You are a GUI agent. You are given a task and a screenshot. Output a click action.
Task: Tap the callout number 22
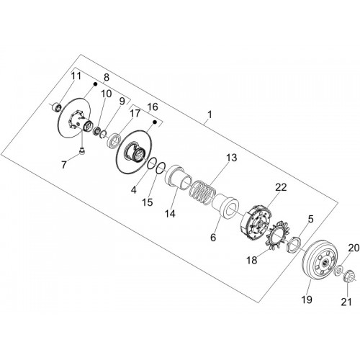pos(281,187)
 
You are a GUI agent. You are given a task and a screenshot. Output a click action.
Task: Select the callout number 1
pos(210,114)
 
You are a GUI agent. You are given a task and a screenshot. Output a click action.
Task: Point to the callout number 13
pos(231,158)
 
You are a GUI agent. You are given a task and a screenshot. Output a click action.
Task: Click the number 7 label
pos(63,165)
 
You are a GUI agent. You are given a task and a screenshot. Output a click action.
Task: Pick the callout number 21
pos(346,302)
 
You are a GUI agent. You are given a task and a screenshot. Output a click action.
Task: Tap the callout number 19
pos(307,300)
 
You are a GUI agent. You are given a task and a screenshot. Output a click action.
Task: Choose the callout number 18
pos(252,260)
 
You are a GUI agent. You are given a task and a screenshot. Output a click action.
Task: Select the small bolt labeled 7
pos(82,152)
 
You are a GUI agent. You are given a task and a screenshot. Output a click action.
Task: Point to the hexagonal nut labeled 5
pos(293,243)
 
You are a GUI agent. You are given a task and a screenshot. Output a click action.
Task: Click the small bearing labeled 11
pos(57,107)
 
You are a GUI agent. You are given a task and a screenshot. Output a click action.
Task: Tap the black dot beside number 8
pos(95,84)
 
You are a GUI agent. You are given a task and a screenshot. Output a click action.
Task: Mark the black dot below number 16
pos(155,122)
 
